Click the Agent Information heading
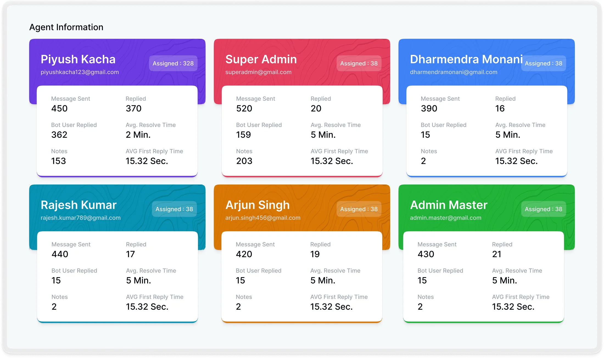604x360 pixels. (66, 27)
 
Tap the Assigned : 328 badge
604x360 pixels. (173, 63)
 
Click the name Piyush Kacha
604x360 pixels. (78, 59)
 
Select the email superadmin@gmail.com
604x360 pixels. (258, 72)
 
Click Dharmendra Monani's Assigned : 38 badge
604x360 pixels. (543, 63)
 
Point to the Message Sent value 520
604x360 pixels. (244, 108)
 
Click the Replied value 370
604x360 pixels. (133, 108)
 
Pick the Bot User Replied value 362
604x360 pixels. (59, 135)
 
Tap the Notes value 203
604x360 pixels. (244, 161)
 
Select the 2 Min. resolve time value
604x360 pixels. (138, 135)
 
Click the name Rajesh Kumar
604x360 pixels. (79, 205)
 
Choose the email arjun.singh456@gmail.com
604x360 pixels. (262, 218)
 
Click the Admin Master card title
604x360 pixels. (449, 205)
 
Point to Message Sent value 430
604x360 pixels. (426, 254)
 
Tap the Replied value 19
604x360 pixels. (315, 254)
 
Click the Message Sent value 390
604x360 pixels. (429, 108)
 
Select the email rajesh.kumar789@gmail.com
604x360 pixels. (80, 218)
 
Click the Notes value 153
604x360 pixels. (58, 161)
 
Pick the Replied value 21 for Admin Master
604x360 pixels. (496, 254)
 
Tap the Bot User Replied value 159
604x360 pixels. (243, 135)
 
